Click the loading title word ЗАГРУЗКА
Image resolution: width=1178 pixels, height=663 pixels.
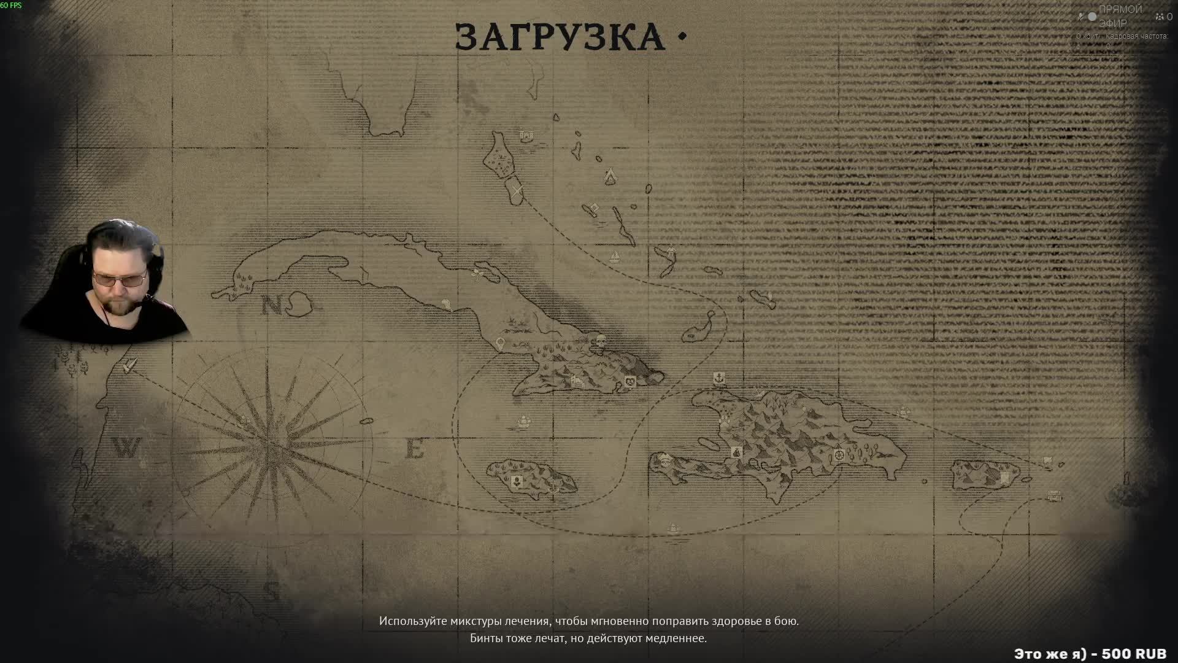[x=560, y=37]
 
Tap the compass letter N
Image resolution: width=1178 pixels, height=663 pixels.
[x=271, y=305]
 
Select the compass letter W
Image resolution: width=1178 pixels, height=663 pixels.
[x=127, y=448]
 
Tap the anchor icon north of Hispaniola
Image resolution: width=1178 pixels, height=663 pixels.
[x=719, y=378]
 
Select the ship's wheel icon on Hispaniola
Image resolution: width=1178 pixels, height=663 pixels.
[x=839, y=455]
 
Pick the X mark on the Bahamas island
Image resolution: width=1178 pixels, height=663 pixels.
[x=517, y=190]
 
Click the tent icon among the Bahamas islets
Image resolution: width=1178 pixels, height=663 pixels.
[x=610, y=176]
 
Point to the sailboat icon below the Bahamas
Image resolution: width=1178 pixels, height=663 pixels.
[x=614, y=255]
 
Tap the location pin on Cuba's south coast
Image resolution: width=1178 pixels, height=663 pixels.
[x=501, y=343]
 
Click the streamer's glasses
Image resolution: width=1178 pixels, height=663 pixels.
[x=120, y=280]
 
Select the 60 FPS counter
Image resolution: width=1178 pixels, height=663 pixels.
[x=11, y=6]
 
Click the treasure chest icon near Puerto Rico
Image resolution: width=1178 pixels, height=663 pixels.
[x=1054, y=495]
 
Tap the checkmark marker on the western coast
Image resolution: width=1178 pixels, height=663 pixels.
[x=128, y=367]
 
